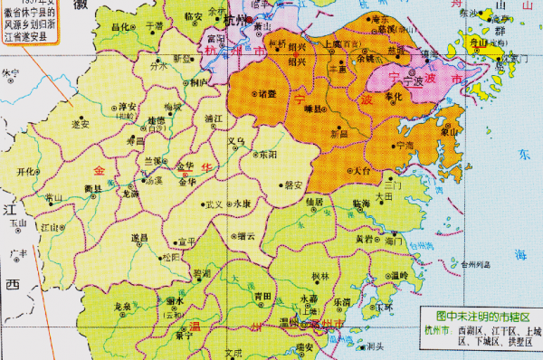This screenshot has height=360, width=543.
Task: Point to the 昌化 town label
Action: tap(120, 27)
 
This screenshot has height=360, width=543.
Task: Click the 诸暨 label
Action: tap(267, 94)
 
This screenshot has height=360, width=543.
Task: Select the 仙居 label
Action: tap(315, 202)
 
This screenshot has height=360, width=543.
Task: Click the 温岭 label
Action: tap(400, 275)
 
